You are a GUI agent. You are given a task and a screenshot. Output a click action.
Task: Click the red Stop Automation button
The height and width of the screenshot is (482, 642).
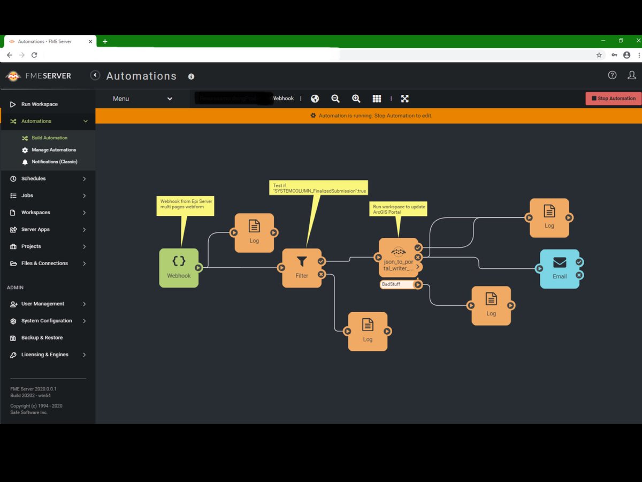tap(613, 99)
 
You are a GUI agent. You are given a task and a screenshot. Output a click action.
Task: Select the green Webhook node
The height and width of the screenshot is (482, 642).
tap(179, 267)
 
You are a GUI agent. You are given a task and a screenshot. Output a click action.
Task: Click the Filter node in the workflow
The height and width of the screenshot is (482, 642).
tap(302, 267)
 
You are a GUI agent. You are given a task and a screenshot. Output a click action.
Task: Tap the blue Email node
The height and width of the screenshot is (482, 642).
tap(559, 268)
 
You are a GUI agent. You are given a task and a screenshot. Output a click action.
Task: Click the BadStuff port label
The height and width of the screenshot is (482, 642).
tap(396, 284)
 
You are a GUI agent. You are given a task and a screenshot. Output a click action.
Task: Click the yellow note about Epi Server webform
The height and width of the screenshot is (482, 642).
tap(185, 206)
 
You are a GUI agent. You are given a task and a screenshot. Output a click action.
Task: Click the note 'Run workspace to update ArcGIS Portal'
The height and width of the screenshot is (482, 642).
tap(398, 209)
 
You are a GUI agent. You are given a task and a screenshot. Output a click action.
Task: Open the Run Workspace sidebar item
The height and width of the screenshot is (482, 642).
tap(39, 104)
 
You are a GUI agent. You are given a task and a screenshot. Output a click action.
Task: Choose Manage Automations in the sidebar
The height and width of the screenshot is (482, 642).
tap(53, 150)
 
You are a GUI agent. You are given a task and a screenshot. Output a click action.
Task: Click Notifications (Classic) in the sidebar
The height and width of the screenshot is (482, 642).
tap(54, 162)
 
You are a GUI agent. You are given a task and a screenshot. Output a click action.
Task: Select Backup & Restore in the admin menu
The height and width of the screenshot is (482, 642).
tap(42, 338)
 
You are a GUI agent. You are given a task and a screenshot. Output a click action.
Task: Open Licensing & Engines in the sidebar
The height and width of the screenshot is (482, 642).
tap(44, 355)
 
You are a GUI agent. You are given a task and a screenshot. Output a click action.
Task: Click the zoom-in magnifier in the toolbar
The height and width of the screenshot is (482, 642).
tap(356, 99)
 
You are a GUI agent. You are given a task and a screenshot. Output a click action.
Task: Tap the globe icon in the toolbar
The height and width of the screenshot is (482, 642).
tap(315, 99)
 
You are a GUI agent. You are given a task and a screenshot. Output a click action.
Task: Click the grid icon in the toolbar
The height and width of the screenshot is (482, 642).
tap(377, 99)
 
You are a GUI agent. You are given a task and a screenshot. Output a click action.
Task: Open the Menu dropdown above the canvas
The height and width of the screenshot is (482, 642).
tap(142, 99)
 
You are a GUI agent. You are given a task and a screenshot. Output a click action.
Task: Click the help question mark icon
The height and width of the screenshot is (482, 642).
tap(612, 76)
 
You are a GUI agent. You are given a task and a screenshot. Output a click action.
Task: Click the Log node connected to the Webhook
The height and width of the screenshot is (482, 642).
tap(254, 232)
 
